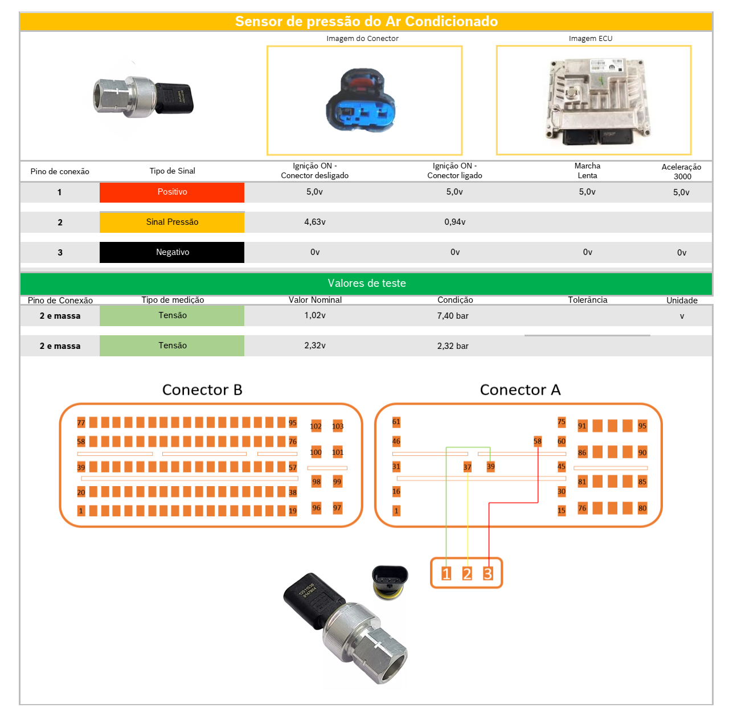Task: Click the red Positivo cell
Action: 172,192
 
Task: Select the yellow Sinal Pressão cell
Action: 172,222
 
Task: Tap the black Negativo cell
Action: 172,252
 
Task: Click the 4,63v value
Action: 315,222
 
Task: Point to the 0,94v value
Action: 455,222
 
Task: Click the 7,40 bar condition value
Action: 453,316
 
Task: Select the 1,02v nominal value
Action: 315,315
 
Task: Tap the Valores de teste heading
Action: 366,283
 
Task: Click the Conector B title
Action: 202,390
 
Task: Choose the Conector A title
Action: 520,390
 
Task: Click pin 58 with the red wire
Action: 538,441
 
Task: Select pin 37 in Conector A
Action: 468,467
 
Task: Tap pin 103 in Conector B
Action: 338,426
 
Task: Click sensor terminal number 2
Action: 467,574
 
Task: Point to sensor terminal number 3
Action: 488,574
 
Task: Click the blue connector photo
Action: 362,101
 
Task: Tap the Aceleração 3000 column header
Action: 681,171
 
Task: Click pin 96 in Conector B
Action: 317,508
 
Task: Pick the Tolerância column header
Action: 587,300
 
